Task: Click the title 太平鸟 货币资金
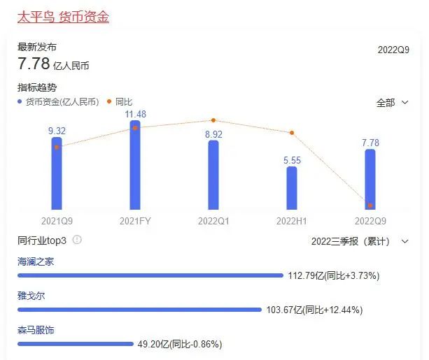63,15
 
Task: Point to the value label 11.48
135,114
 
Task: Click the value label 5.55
292,160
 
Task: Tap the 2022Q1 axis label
213,220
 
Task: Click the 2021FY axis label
135,220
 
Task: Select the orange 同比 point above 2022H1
292,133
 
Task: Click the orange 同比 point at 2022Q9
370,206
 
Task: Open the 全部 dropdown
392,103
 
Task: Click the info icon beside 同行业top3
77,240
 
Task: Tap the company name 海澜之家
36,261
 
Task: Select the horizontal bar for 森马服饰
76,343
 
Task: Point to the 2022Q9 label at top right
393,50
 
